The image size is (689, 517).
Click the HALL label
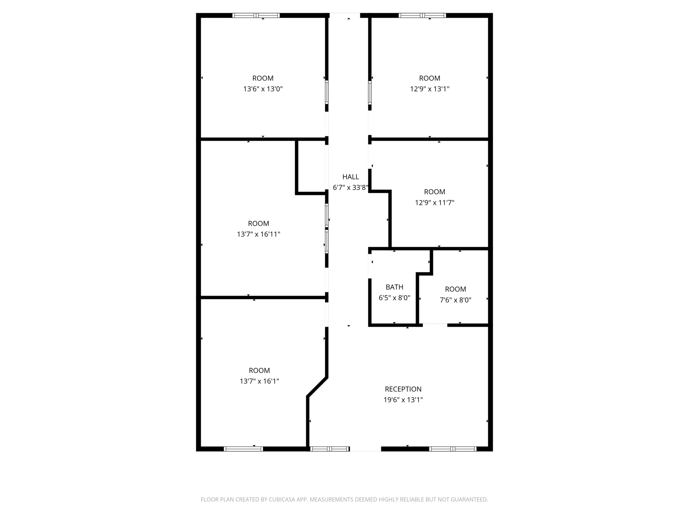point(350,177)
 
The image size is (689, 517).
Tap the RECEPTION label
point(403,389)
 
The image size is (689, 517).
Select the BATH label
point(394,287)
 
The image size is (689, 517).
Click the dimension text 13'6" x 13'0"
point(263,89)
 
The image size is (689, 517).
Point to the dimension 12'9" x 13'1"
point(430,89)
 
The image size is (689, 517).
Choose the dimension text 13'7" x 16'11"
point(258,234)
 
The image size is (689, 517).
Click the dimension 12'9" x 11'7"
point(434,203)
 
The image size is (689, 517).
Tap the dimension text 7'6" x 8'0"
point(455,300)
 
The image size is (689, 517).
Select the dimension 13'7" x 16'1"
point(259,381)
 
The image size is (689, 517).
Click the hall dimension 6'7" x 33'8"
point(350,187)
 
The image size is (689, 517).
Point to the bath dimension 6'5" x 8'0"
point(394,298)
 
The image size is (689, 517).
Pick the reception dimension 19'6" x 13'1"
point(403,400)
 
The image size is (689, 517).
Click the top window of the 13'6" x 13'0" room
point(256,15)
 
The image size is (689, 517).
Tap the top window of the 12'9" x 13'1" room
point(422,15)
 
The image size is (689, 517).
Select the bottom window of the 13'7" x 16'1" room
point(243,449)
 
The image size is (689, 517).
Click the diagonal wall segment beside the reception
point(317,387)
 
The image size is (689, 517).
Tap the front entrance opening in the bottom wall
point(366,449)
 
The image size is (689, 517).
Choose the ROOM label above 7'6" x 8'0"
point(455,289)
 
